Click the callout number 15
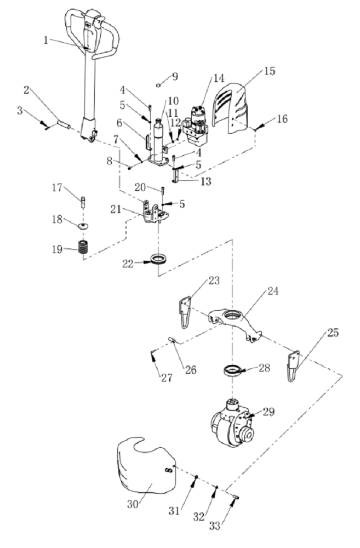pos(270,71)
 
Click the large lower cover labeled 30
pos(146,466)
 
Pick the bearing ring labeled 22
pos(159,259)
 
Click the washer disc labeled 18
pos(83,226)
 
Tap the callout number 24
pos(273,291)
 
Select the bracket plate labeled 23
pos(185,312)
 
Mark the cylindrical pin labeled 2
pos(64,124)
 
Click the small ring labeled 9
pos(158,84)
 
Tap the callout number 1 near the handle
pos(45,40)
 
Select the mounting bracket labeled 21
pos(154,213)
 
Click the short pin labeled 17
pos(83,201)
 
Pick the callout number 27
pos(167,378)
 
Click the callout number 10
pos(173,101)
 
